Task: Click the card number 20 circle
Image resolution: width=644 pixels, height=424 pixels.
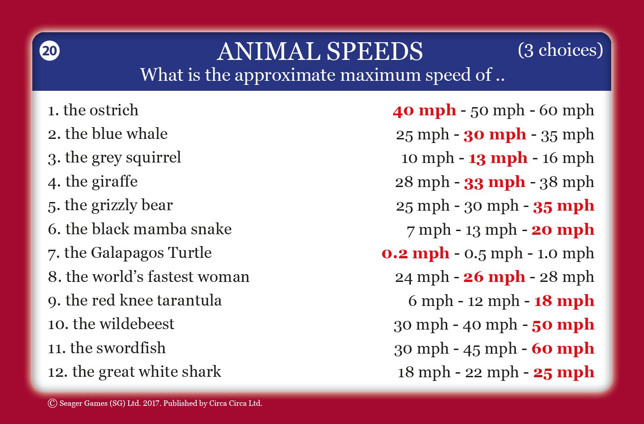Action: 50,51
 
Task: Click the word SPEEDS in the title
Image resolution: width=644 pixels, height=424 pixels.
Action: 374,51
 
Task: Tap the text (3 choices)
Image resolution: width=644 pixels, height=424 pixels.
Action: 560,50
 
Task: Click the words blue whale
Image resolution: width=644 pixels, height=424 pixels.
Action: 130,134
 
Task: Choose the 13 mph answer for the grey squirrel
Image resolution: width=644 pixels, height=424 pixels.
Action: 498,158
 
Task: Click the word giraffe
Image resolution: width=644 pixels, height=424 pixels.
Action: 115,181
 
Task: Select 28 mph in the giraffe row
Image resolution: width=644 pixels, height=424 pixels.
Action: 422,182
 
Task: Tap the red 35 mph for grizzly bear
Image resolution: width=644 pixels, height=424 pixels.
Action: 564,206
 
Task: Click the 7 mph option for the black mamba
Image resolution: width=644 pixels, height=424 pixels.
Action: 429,230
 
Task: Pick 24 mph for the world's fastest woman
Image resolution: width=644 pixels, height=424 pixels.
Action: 422,277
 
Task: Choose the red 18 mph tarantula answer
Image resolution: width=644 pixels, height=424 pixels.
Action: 564,301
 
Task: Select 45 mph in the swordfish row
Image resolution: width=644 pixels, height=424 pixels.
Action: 490,349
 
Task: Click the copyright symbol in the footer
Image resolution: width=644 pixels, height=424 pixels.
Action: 52,403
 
